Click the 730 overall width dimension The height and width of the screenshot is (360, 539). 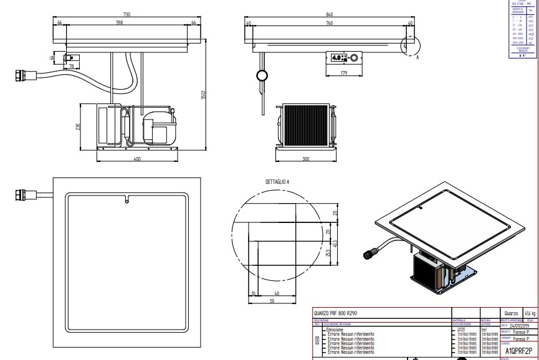pyautogui.click(x=126, y=14)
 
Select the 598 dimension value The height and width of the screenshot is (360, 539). pyautogui.click(x=127, y=23)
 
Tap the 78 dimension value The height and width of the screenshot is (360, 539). pyautogui.click(x=71, y=66)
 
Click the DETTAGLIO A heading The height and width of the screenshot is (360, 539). pyautogui.click(x=278, y=181)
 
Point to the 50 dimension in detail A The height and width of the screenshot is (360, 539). pyautogui.click(x=272, y=301)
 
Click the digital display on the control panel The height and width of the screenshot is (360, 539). pyautogui.click(x=340, y=59)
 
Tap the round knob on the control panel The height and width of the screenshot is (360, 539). pyautogui.click(x=355, y=59)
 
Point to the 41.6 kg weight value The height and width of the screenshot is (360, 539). pyautogui.click(x=530, y=314)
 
